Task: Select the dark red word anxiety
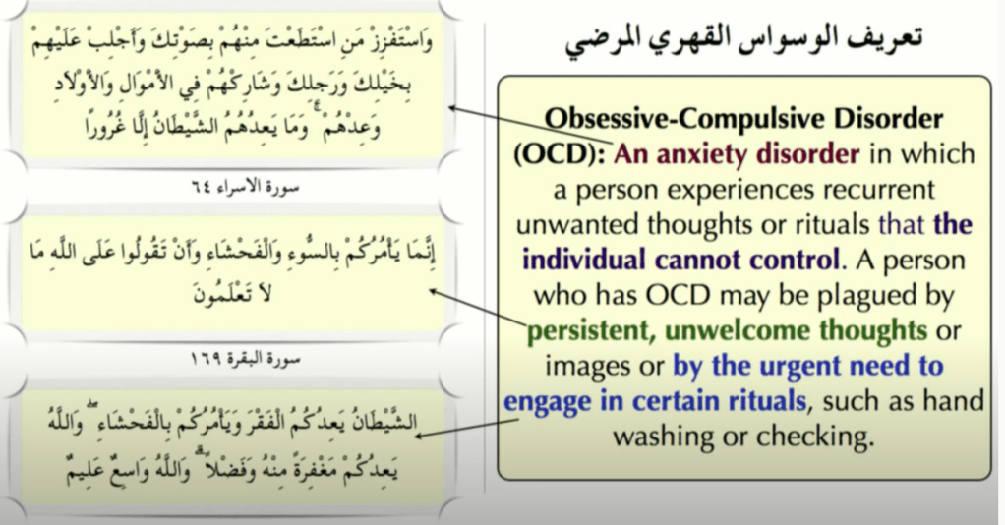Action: click(x=703, y=154)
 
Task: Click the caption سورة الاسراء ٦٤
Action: click(x=246, y=187)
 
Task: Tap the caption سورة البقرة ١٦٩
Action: click(x=246, y=359)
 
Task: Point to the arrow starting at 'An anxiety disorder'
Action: click(x=531, y=125)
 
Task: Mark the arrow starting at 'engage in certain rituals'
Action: click(x=467, y=429)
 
